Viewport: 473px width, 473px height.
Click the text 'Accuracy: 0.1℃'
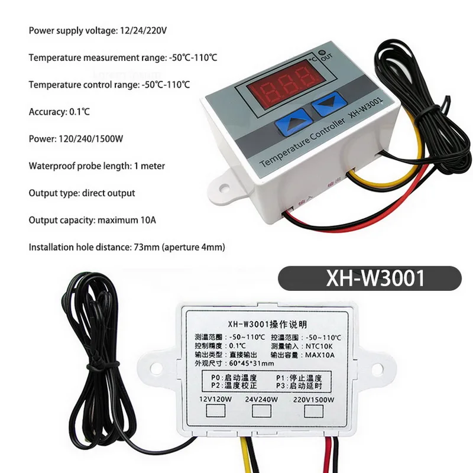tap(60, 111)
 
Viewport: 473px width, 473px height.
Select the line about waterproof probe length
tap(97, 166)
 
